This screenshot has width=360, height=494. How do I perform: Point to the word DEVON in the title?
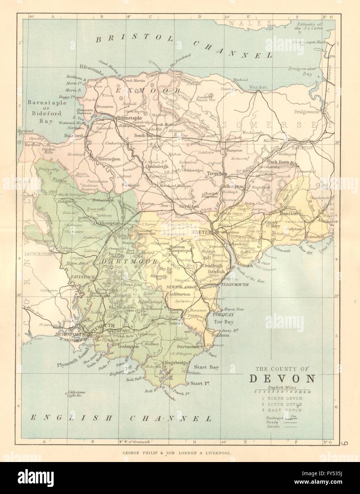point(280,378)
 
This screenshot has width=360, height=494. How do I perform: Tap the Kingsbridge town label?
point(173,363)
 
